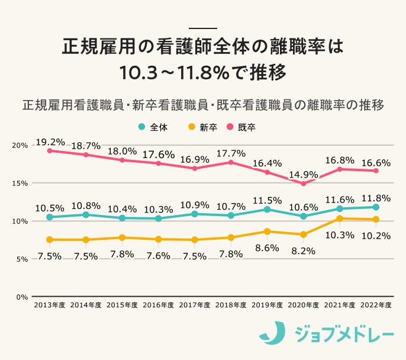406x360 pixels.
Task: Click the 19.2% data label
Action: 50,142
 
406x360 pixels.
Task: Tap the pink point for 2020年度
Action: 304,184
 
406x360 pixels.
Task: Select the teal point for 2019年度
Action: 267,209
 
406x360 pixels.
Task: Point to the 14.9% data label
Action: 304,175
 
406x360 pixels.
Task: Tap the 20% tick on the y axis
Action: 20,146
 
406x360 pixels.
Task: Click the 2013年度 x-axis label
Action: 50,306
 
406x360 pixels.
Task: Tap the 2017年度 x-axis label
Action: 195,306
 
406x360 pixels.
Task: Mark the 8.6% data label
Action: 267,248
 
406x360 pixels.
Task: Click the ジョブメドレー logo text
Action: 344,334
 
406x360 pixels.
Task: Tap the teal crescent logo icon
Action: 273,333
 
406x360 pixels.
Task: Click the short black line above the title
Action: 203,28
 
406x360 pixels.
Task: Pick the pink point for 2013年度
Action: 50,150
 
